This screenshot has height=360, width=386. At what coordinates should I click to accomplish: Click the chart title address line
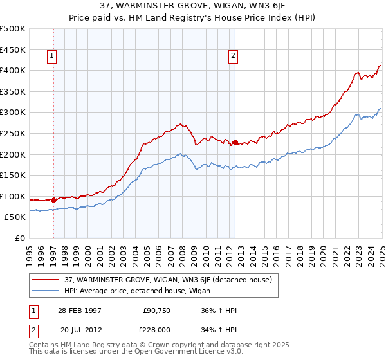[192, 6]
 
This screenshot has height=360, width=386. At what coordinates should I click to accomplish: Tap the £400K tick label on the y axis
[14, 70]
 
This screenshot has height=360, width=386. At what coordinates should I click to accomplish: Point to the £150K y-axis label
[14, 175]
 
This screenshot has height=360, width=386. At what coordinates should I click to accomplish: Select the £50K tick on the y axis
[15, 217]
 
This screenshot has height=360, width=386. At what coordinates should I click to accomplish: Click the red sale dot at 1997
[53, 200]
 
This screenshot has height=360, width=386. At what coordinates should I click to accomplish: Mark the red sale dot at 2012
[235, 142]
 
